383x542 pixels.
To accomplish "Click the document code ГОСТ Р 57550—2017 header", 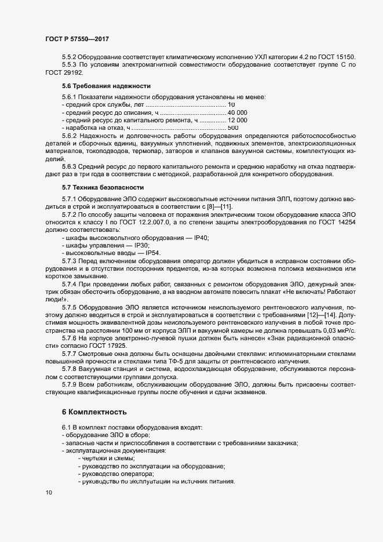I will coord(77,39).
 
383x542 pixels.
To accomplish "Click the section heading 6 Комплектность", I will coord(94,412).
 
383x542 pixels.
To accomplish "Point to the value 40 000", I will coord(238,112).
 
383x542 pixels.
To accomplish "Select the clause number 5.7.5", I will coord(69,306).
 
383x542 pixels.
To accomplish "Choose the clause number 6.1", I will coord(65,427).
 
